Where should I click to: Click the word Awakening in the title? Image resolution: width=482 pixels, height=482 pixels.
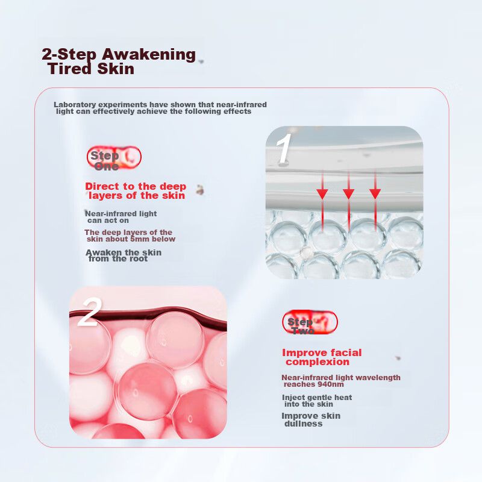(x=148, y=55)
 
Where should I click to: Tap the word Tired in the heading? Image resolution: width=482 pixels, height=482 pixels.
(x=70, y=68)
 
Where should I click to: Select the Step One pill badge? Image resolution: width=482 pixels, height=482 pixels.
(x=114, y=158)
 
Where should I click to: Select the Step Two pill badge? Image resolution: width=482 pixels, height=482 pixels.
(x=310, y=322)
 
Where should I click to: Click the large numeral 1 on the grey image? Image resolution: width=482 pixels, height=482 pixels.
(x=283, y=149)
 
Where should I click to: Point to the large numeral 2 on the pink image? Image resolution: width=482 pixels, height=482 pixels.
(x=89, y=312)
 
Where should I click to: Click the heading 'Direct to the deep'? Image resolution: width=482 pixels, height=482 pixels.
(x=136, y=186)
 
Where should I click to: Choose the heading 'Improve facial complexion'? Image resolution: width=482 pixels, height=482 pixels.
(x=322, y=357)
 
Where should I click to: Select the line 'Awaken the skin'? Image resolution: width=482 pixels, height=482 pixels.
(x=124, y=252)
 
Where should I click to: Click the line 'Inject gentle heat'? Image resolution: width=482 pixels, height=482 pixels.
(x=317, y=398)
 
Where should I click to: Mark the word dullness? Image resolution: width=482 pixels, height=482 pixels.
(x=304, y=424)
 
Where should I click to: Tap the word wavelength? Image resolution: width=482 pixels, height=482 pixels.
(x=380, y=378)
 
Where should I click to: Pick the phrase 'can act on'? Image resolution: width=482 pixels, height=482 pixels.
(x=108, y=221)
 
